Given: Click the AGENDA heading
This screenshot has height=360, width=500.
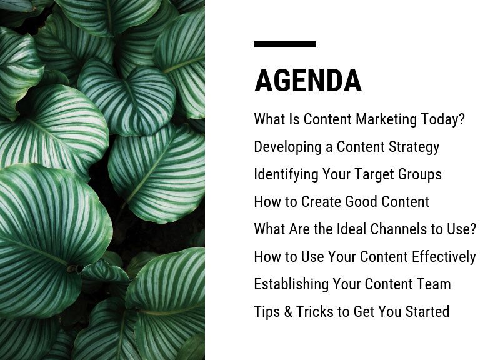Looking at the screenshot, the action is (x=307, y=81).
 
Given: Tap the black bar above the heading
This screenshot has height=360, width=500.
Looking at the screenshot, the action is (x=285, y=44).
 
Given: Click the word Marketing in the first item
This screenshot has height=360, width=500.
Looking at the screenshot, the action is (x=386, y=119).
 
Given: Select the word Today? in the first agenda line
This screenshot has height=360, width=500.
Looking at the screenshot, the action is (x=443, y=119).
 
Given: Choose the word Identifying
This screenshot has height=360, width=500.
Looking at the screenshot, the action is (x=286, y=175).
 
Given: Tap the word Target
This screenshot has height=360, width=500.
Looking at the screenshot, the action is (x=374, y=175).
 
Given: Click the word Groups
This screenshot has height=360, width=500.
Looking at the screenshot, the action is (x=420, y=175).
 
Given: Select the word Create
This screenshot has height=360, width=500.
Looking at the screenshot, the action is (x=321, y=202).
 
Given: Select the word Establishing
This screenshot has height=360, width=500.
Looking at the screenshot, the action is (x=291, y=284).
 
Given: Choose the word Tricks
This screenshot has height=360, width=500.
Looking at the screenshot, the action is (x=315, y=312).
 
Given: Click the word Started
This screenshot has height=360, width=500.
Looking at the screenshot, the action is (x=427, y=312).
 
